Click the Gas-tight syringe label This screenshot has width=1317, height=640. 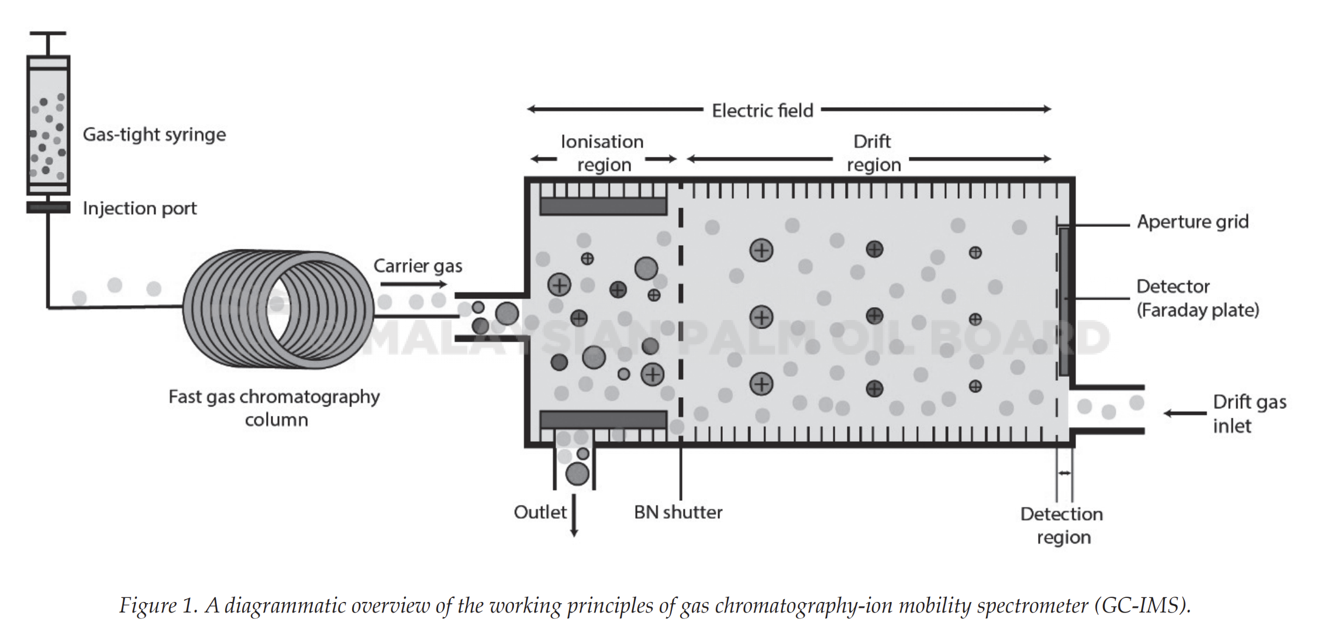(x=154, y=135)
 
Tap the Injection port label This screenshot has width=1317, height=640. (x=140, y=209)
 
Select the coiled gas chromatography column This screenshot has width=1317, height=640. (x=278, y=309)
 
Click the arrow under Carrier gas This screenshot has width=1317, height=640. (x=413, y=284)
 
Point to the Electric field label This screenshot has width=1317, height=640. (x=763, y=111)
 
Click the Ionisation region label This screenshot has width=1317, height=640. (x=602, y=153)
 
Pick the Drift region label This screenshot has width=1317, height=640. (x=873, y=153)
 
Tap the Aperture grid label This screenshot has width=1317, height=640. (x=1192, y=222)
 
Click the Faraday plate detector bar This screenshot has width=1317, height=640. (x=1064, y=301)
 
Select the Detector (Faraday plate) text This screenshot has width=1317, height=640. (x=1197, y=298)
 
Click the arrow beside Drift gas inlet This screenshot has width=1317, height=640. (x=1185, y=414)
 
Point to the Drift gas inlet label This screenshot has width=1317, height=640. (x=1249, y=414)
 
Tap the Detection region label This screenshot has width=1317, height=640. (x=1062, y=525)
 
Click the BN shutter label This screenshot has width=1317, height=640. (x=678, y=512)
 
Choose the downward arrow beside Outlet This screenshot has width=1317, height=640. (x=574, y=515)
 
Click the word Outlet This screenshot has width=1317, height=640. (x=540, y=512)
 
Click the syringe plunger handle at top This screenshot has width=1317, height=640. (x=48, y=34)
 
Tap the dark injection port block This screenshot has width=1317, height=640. (x=48, y=207)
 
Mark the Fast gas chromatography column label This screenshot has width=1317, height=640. (x=274, y=408)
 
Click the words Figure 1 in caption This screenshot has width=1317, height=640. (x=158, y=605)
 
